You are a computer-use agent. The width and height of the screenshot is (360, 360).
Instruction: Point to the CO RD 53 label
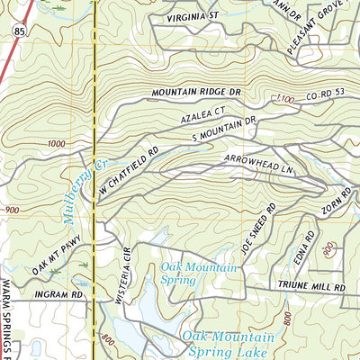click(322, 94)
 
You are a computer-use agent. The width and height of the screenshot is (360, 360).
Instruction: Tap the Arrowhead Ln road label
click(261, 160)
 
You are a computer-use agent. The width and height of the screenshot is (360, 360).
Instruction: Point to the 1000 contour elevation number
click(58, 143)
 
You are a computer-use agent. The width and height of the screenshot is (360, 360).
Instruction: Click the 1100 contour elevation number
click(285, 100)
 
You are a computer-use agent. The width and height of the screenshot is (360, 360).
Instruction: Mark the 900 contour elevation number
click(13, 210)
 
